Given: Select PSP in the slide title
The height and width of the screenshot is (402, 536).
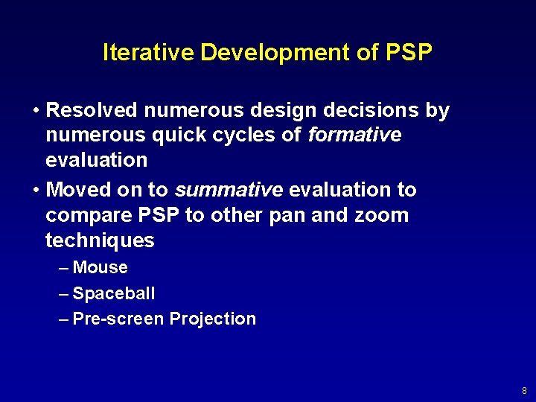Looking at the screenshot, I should (409, 53).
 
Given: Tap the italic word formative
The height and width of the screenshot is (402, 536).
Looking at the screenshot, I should (354, 135).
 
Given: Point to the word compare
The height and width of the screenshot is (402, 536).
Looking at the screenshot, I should (82, 216).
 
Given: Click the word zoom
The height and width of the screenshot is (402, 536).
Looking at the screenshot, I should (383, 216).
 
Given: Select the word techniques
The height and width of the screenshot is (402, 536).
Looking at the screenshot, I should (100, 240).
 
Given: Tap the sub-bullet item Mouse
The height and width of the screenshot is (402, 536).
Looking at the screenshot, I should (100, 268).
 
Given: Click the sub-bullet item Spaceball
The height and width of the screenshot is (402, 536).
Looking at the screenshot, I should (114, 293).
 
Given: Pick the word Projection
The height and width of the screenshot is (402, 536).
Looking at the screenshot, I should (213, 319).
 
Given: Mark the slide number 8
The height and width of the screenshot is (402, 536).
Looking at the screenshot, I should (524, 390).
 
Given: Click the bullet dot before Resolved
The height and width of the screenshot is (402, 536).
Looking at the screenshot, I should (36, 112).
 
